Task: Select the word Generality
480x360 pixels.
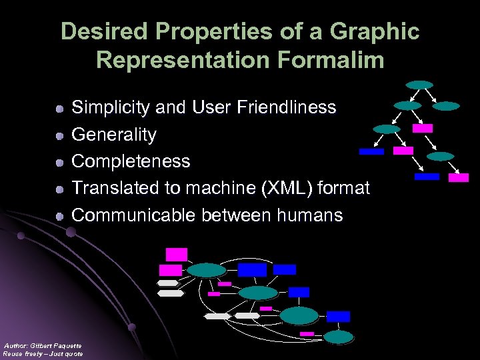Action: tap(114, 135)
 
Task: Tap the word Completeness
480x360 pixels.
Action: tap(131, 161)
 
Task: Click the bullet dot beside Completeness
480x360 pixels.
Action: tap(59, 162)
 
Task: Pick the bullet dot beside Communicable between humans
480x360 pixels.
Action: tap(59, 216)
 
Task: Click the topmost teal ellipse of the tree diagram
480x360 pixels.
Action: tap(420, 85)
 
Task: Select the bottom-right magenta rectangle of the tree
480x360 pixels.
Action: tap(458, 177)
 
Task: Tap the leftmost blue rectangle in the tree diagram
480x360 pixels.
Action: tap(371, 151)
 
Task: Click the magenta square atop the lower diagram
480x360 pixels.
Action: tap(177, 254)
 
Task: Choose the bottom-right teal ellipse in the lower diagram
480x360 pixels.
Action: tap(339, 337)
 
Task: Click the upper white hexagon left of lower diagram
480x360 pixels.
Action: tap(168, 283)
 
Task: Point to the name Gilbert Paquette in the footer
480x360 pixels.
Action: tap(57, 345)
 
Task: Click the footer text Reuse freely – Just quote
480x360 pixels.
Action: tap(43, 354)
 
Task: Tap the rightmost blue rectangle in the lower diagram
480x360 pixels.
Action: tap(338, 316)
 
